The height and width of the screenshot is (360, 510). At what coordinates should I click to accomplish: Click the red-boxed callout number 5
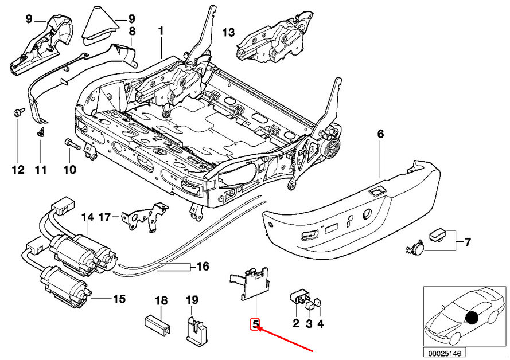[x=256, y=324]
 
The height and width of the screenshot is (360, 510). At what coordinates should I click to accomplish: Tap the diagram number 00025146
[x=444, y=353]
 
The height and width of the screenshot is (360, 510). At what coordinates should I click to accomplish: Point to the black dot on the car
[x=472, y=318]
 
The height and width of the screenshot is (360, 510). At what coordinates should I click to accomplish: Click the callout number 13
[x=229, y=33]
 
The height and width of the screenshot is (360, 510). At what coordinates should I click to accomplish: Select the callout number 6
[x=380, y=134]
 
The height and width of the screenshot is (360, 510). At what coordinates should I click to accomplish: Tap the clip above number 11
[x=41, y=132]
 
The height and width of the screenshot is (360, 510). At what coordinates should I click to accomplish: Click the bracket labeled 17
[x=144, y=216]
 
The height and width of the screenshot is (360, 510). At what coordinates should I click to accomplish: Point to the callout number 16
[x=203, y=267]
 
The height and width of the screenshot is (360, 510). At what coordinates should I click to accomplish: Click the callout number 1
[x=161, y=32]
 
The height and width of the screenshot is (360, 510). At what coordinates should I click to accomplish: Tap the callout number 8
[x=132, y=32]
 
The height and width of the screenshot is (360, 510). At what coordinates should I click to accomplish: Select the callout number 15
[x=119, y=299]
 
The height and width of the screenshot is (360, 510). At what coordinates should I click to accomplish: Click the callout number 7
[x=468, y=242]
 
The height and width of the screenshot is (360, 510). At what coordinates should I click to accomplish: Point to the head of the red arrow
[x=257, y=327]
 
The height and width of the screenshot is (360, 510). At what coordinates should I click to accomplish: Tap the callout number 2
[x=295, y=323]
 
